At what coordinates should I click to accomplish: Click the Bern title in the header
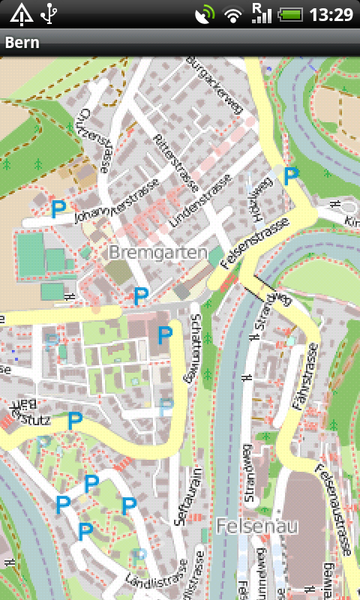tap(22, 43)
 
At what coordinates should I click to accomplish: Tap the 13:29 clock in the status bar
tap(331, 14)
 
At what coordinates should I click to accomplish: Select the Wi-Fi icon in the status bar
tap(234, 14)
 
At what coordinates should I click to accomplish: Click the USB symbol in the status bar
tap(50, 13)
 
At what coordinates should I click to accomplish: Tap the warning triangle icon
tap(21, 13)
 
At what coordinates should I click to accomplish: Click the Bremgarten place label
tap(157, 253)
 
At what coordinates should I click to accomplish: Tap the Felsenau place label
tap(253, 526)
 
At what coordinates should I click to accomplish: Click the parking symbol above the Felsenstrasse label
tap(291, 176)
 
